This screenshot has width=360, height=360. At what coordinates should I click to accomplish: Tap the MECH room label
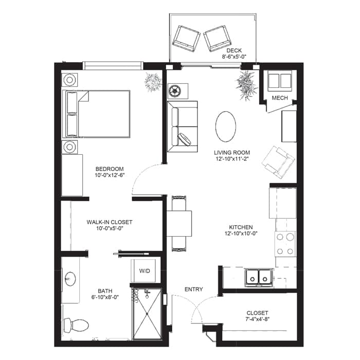(x=279, y=98)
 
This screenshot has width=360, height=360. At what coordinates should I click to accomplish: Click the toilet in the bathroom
(x=76, y=325)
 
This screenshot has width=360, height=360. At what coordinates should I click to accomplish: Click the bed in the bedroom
(x=96, y=114)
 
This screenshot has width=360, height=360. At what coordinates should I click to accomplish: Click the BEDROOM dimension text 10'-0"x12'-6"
(x=109, y=176)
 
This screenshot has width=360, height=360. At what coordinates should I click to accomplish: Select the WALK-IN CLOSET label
(x=109, y=222)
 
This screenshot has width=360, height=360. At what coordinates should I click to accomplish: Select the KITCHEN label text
(x=241, y=227)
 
